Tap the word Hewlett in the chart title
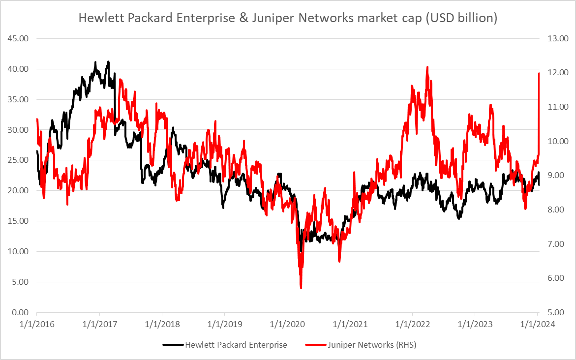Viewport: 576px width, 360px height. (x=98, y=18)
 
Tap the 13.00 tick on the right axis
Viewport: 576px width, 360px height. (x=555, y=38)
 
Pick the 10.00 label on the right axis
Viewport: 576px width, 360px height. (x=555, y=141)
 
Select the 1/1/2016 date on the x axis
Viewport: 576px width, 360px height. (x=36, y=324)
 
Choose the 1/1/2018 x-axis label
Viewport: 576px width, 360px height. (x=162, y=324)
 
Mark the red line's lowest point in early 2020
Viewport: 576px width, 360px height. (x=301, y=288)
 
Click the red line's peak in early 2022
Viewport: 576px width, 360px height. (x=427, y=67)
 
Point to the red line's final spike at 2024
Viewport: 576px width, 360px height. (x=539, y=73)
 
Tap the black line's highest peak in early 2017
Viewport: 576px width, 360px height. (x=108, y=62)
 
